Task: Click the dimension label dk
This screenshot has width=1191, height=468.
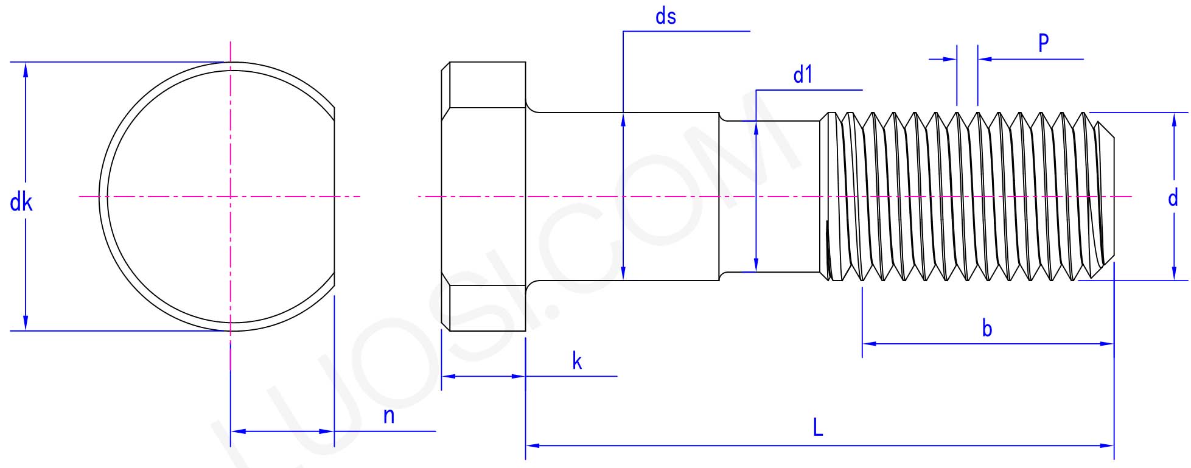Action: click(x=21, y=202)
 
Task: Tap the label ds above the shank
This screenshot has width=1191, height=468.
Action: click(x=665, y=17)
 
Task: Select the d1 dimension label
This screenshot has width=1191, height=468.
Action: click(x=803, y=75)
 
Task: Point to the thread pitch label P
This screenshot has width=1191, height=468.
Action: click(x=1043, y=43)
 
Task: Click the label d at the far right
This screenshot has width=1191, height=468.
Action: click(x=1173, y=198)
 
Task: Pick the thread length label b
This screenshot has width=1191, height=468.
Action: click(x=987, y=329)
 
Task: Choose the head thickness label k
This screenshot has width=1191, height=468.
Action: click(x=576, y=361)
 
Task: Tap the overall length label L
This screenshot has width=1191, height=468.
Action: click(x=817, y=428)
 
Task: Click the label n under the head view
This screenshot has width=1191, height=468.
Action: click(x=389, y=416)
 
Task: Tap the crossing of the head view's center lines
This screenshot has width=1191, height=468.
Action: click(x=230, y=197)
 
